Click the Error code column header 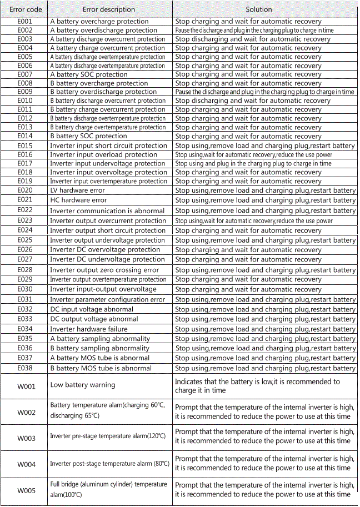click(25, 9)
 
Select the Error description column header click(109, 9)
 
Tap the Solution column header click(259, 9)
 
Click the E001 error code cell click(25, 22)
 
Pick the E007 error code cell click(25, 74)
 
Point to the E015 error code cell click(25, 145)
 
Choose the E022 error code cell click(25, 210)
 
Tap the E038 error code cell click(25, 368)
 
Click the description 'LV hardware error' click(77, 190)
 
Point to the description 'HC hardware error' click(78, 200)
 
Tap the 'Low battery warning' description click(83, 385)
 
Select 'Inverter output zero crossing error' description click(104, 270)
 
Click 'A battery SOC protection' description click(89, 74)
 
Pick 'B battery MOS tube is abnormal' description click(101, 368)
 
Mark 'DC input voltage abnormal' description click(92, 309)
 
